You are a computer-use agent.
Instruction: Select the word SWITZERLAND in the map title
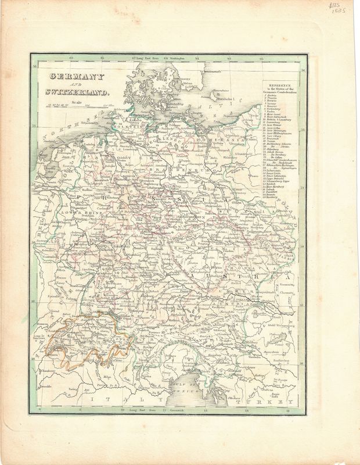coord(67,91)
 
